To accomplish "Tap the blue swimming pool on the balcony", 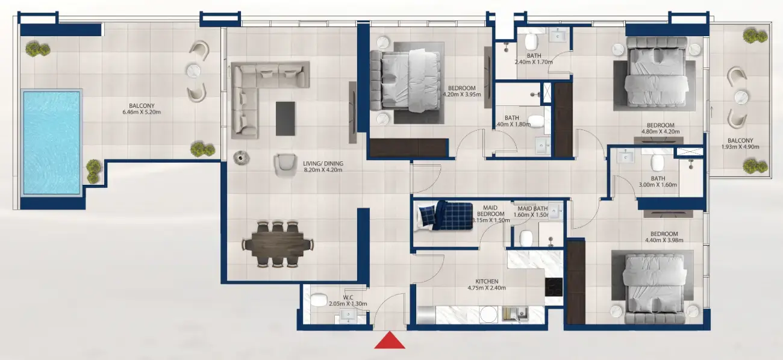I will pyautogui.click(x=51, y=142).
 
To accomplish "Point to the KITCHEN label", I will pyautogui.click(x=486, y=281).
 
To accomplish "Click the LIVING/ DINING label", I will pyautogui.click(x=323, y=161).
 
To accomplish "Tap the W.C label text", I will pyautogui.click(x=348, y=297).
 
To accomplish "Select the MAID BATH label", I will pyautogui.click(x=532, y=208).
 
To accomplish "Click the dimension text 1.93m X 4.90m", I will pyautogui.click(x=740, y=146).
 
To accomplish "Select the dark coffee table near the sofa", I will pyautogui.click(x=285, y=118).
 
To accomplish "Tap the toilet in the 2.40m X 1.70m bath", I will pyautogui.click(x=531, y=42).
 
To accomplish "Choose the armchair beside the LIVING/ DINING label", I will pyautogui.click(x=284, y=165).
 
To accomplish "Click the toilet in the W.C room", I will pyautogui.click(x=319, y=299).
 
